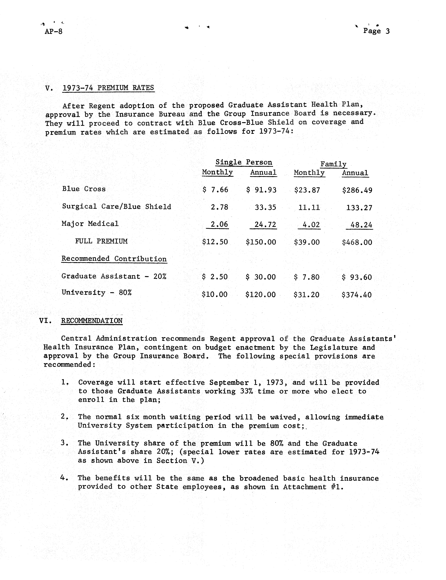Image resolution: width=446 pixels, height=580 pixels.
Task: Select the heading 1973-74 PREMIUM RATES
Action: [108, 88]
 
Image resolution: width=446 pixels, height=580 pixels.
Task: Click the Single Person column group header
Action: [244, 162]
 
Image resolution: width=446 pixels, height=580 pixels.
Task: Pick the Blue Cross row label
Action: [84, 189]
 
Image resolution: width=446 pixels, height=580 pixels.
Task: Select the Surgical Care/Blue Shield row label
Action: [117, 207]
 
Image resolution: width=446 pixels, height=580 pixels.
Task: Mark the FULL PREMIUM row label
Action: [101, 241]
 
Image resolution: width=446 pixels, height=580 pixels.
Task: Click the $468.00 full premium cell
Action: [357, 242]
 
